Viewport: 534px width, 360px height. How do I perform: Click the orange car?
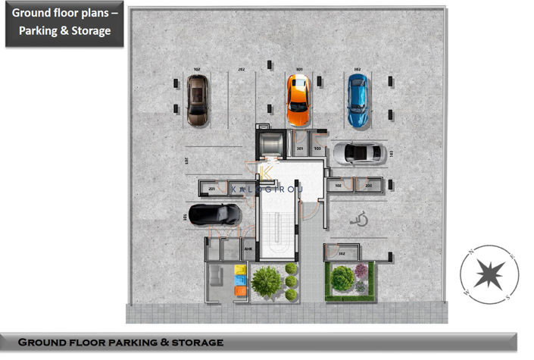tap(298, 100)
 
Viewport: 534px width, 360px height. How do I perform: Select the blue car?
tap(357, 100)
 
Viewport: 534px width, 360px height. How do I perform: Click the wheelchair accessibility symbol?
tap(360, 221)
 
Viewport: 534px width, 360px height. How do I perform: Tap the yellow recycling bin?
tap(241, 270)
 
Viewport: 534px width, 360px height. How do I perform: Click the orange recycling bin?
tap(241, 290)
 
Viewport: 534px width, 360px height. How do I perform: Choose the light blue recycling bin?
tap(241, 280)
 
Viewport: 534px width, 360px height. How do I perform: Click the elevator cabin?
tap(270, 142)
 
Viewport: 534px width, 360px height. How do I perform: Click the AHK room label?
tap(248, 249)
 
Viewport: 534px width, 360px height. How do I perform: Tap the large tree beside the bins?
tap(266, 281)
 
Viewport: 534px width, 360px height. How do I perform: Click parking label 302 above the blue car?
tap(357, 69)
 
